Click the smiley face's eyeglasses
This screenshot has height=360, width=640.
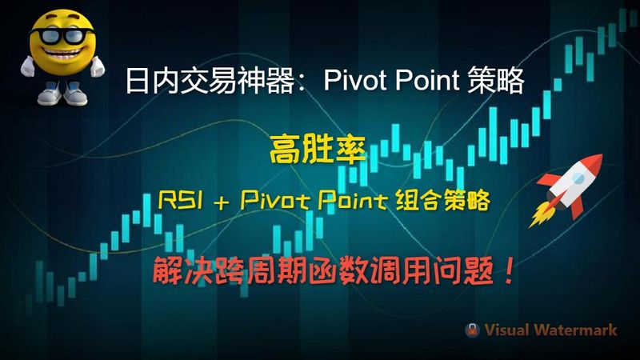[62, 36]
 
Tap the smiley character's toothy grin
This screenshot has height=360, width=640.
[63, 53]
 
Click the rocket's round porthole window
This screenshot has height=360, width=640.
[578, 177]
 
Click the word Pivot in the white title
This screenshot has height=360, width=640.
[354, 80]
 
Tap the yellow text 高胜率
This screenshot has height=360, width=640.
[317, 150]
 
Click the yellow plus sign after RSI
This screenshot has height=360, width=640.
[222, 202]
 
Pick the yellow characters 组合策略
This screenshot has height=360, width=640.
[442, 201]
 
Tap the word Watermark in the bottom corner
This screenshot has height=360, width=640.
[576, 330]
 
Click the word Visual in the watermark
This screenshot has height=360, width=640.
[507, 330]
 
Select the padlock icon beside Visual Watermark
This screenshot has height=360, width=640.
[472, 330]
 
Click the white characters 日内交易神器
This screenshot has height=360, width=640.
[210, 81]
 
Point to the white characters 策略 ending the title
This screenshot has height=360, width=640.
[495, 81]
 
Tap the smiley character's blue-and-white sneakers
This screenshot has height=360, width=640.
[62, 94]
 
